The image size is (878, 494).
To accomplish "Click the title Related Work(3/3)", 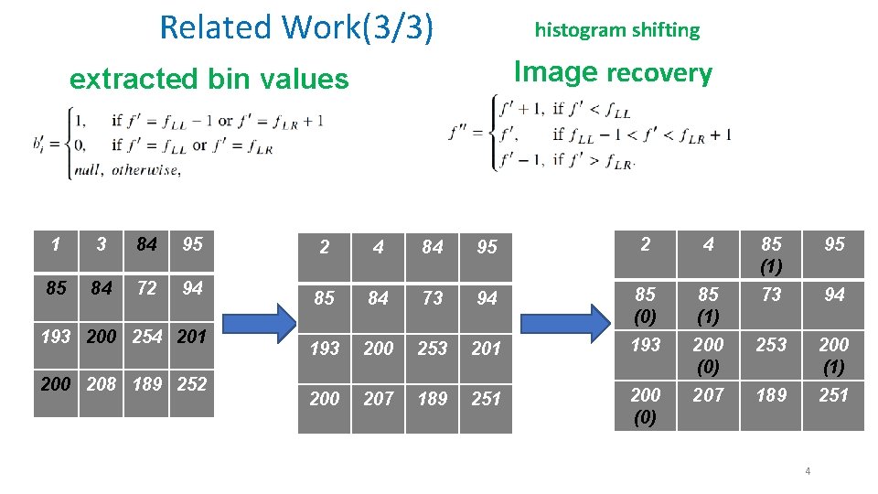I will coord(295,27).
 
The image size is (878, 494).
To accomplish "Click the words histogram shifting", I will coord(616,30).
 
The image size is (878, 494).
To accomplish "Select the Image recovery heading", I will coord(612,72).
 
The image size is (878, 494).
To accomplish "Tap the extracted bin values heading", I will coord(209,80).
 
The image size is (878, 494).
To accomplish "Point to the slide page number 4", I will coord(808,471).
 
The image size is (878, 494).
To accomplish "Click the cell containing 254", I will coord(146,337).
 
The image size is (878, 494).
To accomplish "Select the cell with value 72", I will coord(146,288).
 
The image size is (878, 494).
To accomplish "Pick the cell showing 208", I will coord(101,384).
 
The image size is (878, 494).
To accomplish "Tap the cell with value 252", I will coord(191,384).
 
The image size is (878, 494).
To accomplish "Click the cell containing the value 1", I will coord(56,244).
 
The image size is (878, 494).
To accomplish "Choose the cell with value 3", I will coord(101,244).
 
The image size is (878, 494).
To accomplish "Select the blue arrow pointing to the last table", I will coord(567,323).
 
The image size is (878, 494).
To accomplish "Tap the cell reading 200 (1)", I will coord(833,355).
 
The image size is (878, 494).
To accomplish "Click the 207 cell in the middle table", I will coord(378,399).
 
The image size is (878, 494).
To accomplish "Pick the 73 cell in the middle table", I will coord(433,298).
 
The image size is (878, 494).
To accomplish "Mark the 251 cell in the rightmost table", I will coord(833,395).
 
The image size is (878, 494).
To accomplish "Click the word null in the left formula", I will coord(89,170).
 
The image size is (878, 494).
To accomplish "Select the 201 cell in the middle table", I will coord(487,349).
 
